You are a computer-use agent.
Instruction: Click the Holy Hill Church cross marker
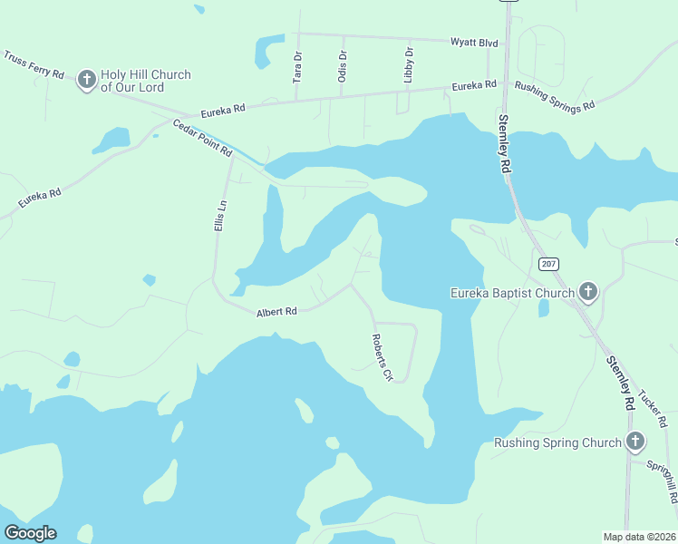pos(87,80)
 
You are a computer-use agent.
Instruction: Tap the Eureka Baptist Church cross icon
pos(588,292)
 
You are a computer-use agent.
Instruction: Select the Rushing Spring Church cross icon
pos(635,442)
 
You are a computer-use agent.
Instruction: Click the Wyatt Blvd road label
pos(475,42)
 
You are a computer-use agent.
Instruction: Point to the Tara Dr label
pos(297,68)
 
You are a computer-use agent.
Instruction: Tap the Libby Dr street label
pos(409,65)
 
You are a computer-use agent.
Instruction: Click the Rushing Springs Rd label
pos(554,94)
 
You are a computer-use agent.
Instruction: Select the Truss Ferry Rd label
pos(34,64)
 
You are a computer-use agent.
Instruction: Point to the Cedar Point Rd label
pos(202,139)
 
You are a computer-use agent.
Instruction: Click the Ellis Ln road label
pos(219,215)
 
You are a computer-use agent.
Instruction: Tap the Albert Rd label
pos(276,312)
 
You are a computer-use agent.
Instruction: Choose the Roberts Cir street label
pos(382,356)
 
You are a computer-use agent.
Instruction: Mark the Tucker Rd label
pos(652,409)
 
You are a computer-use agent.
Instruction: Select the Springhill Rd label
pos(662,481)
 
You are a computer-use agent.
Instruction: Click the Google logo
pos(30,533)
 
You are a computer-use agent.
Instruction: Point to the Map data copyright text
pos(639,537)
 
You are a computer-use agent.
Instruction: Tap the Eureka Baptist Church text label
pos(513,293)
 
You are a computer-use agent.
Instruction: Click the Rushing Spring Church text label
pos(557,443)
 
